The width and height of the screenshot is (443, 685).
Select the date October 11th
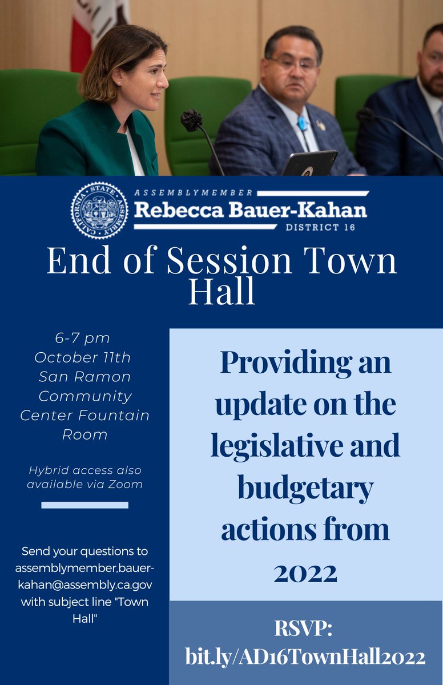pyautogui.click(x=82, y=357)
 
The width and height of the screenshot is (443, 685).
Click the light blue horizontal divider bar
pyautogui.click(x=85, y=505)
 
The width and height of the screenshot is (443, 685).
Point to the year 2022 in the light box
pyautogui.click(x=305, y=571)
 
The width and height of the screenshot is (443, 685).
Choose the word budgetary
pyautogui.click(x=305, y=488)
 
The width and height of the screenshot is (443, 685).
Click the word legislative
pyautogui.click(x=271, y=446)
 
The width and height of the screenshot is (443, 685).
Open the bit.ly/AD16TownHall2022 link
pyautogui.click(x=305, y=657)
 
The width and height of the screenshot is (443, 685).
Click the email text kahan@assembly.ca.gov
pyautogui.click(x=84, y=586)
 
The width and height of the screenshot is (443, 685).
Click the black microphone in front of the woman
pyautogui.click(x=192, y=120)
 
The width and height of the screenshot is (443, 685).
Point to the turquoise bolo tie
pyautogui.click(x=302, y=123)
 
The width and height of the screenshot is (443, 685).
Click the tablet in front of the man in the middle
pyautogui.click(x=310, y=163)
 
